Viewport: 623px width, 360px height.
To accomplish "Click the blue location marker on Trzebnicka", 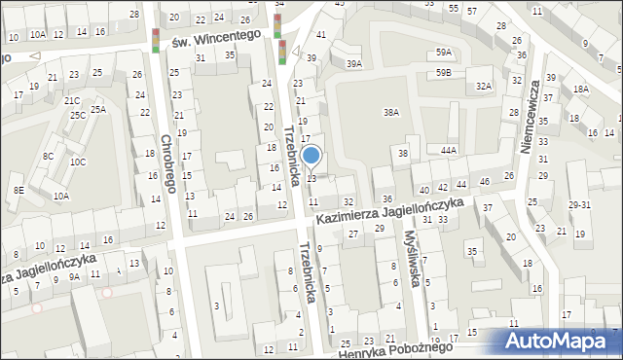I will (x=311, y=155).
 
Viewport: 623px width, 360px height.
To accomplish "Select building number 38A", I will (x=391, y=113).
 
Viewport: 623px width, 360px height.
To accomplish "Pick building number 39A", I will (x=354, y=63).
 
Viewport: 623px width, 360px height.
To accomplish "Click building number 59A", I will (x=444, y=53).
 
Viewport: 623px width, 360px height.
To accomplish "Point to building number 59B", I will (x=444, y=73).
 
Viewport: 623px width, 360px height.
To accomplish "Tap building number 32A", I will (x=484, y=86).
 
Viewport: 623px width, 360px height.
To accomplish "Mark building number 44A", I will (x=448, y=151).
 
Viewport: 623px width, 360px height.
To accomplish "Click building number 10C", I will (x=77, y=162).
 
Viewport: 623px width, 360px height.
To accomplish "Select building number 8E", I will (x=18, y=191).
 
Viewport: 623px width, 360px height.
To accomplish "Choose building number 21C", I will (x=72, y=100).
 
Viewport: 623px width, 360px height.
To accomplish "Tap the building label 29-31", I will (x=580, y=205).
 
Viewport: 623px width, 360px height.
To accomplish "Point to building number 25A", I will (x=98, y=110).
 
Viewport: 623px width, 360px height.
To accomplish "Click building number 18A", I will (x=581, y=89).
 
